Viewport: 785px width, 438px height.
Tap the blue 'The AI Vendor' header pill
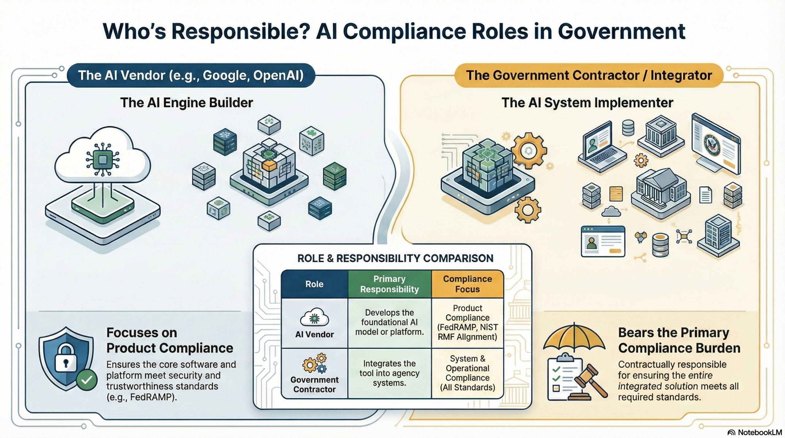[191, 75]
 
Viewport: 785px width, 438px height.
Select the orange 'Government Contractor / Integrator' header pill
[589, 75]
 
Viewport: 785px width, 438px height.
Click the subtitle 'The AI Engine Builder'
[186, 103]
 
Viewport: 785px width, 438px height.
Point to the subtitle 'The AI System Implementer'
[587, 103]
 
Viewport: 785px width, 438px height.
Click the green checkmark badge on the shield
[87, 380]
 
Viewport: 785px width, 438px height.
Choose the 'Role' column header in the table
[314, 284]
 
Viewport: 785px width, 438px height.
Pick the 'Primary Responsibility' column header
[389, 284]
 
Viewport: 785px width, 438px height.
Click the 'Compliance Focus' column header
[467, 284]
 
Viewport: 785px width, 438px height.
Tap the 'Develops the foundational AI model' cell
[389, 322]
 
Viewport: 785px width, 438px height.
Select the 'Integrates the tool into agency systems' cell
[389, 373]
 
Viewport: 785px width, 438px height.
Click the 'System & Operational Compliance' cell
[467, 373]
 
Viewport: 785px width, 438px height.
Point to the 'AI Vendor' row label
[314, 334]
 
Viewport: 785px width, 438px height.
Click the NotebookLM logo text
[760, 432]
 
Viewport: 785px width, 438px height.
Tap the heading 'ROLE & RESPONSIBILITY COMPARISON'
[395, 258]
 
